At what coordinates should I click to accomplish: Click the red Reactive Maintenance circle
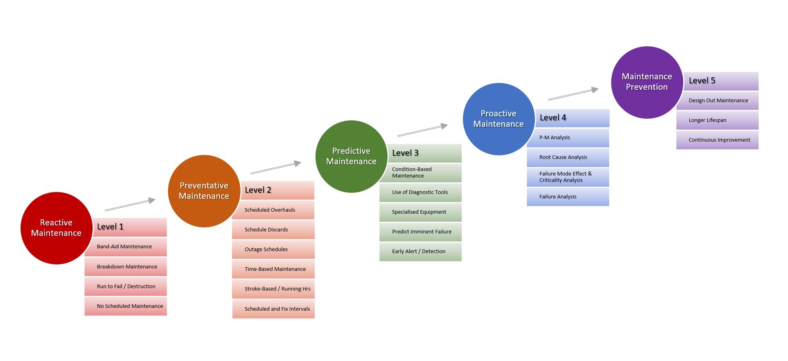56,228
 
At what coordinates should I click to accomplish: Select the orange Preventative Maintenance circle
204,191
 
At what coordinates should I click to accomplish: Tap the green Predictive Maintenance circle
351,156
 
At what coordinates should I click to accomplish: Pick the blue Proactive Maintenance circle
499,119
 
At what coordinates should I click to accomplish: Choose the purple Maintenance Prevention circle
647,82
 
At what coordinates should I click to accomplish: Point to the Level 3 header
424,153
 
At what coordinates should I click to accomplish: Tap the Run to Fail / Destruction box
126,287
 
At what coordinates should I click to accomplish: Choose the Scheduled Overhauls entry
273,210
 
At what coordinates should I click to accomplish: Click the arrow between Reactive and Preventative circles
130,204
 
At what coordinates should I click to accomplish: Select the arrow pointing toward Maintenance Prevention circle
573,94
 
